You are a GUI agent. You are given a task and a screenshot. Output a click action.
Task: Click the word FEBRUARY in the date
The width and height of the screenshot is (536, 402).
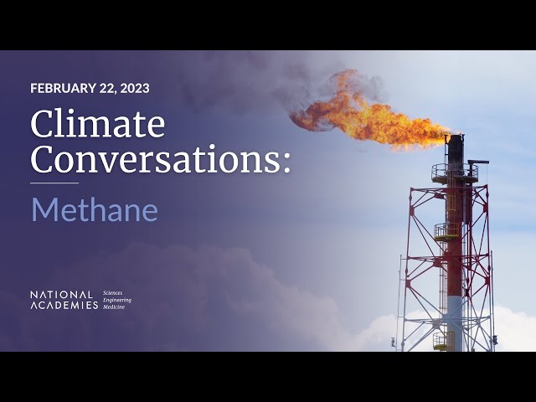64,88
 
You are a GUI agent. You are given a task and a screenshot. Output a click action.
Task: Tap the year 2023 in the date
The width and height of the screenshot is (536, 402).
135,88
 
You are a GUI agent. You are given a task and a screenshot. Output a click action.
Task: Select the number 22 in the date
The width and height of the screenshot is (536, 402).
107,89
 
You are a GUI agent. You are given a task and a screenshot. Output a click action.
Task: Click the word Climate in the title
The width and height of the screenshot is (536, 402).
98,123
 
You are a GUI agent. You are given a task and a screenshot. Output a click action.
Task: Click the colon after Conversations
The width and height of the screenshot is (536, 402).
286,162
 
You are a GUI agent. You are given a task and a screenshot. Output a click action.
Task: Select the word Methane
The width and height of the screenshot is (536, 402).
95,210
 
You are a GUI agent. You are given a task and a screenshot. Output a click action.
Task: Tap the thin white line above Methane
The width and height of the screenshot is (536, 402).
54,183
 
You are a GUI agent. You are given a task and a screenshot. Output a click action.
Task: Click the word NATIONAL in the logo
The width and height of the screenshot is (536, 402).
61,295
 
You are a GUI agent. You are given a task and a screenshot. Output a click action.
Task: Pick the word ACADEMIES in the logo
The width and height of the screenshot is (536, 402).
64,305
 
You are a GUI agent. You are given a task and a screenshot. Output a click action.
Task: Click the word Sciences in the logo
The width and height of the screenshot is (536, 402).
112,293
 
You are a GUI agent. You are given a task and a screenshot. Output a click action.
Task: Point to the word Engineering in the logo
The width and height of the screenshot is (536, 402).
117,300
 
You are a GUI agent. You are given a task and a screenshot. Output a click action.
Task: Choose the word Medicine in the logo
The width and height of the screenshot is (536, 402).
114,307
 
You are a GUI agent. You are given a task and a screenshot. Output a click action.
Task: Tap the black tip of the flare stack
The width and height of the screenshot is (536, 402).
456,151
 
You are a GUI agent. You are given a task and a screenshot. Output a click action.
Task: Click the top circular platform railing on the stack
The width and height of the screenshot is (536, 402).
455,173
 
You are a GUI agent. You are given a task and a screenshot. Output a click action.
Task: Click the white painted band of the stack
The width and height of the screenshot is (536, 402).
455,323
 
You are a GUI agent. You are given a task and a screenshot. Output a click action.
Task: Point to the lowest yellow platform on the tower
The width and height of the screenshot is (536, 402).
444,341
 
